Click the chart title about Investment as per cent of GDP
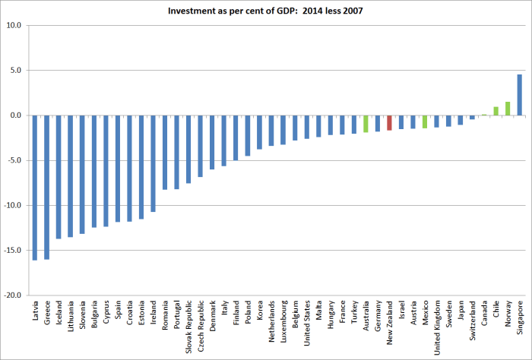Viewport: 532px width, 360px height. (266, 11)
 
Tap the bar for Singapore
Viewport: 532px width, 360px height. (519, 95)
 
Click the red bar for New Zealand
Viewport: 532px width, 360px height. (389, 123)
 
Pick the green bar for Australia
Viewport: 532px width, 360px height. (366, 124)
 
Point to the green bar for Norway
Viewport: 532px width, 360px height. (508, 109)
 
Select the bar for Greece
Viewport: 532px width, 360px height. (47, 187)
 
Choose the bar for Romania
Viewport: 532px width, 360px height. (165, 153)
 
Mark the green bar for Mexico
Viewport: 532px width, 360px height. (425, 122)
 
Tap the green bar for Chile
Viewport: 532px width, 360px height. (496, 111)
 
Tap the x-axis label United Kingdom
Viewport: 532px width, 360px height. (436, 327)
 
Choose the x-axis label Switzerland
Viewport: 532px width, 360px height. (472, 321)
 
